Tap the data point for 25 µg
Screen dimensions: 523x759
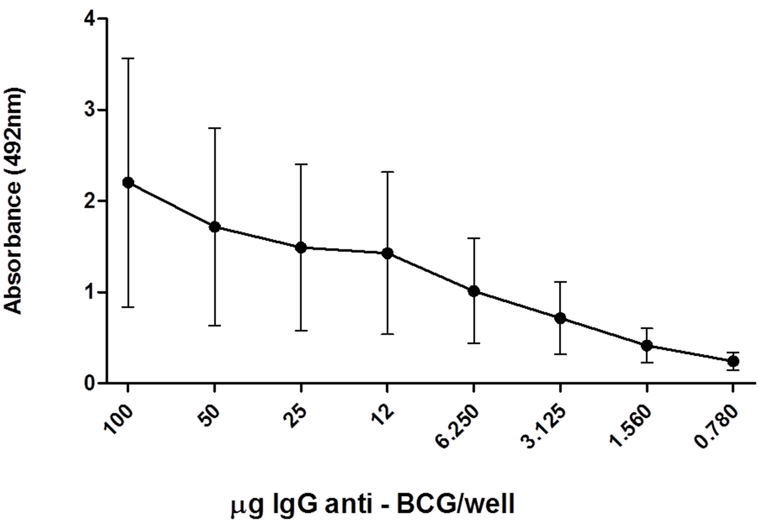[301, 247]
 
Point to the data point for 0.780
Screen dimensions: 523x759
[733, 361]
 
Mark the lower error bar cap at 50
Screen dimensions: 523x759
[215, 326]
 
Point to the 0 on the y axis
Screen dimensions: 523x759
[90, 383]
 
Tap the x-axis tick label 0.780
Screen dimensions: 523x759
[717, 427]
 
